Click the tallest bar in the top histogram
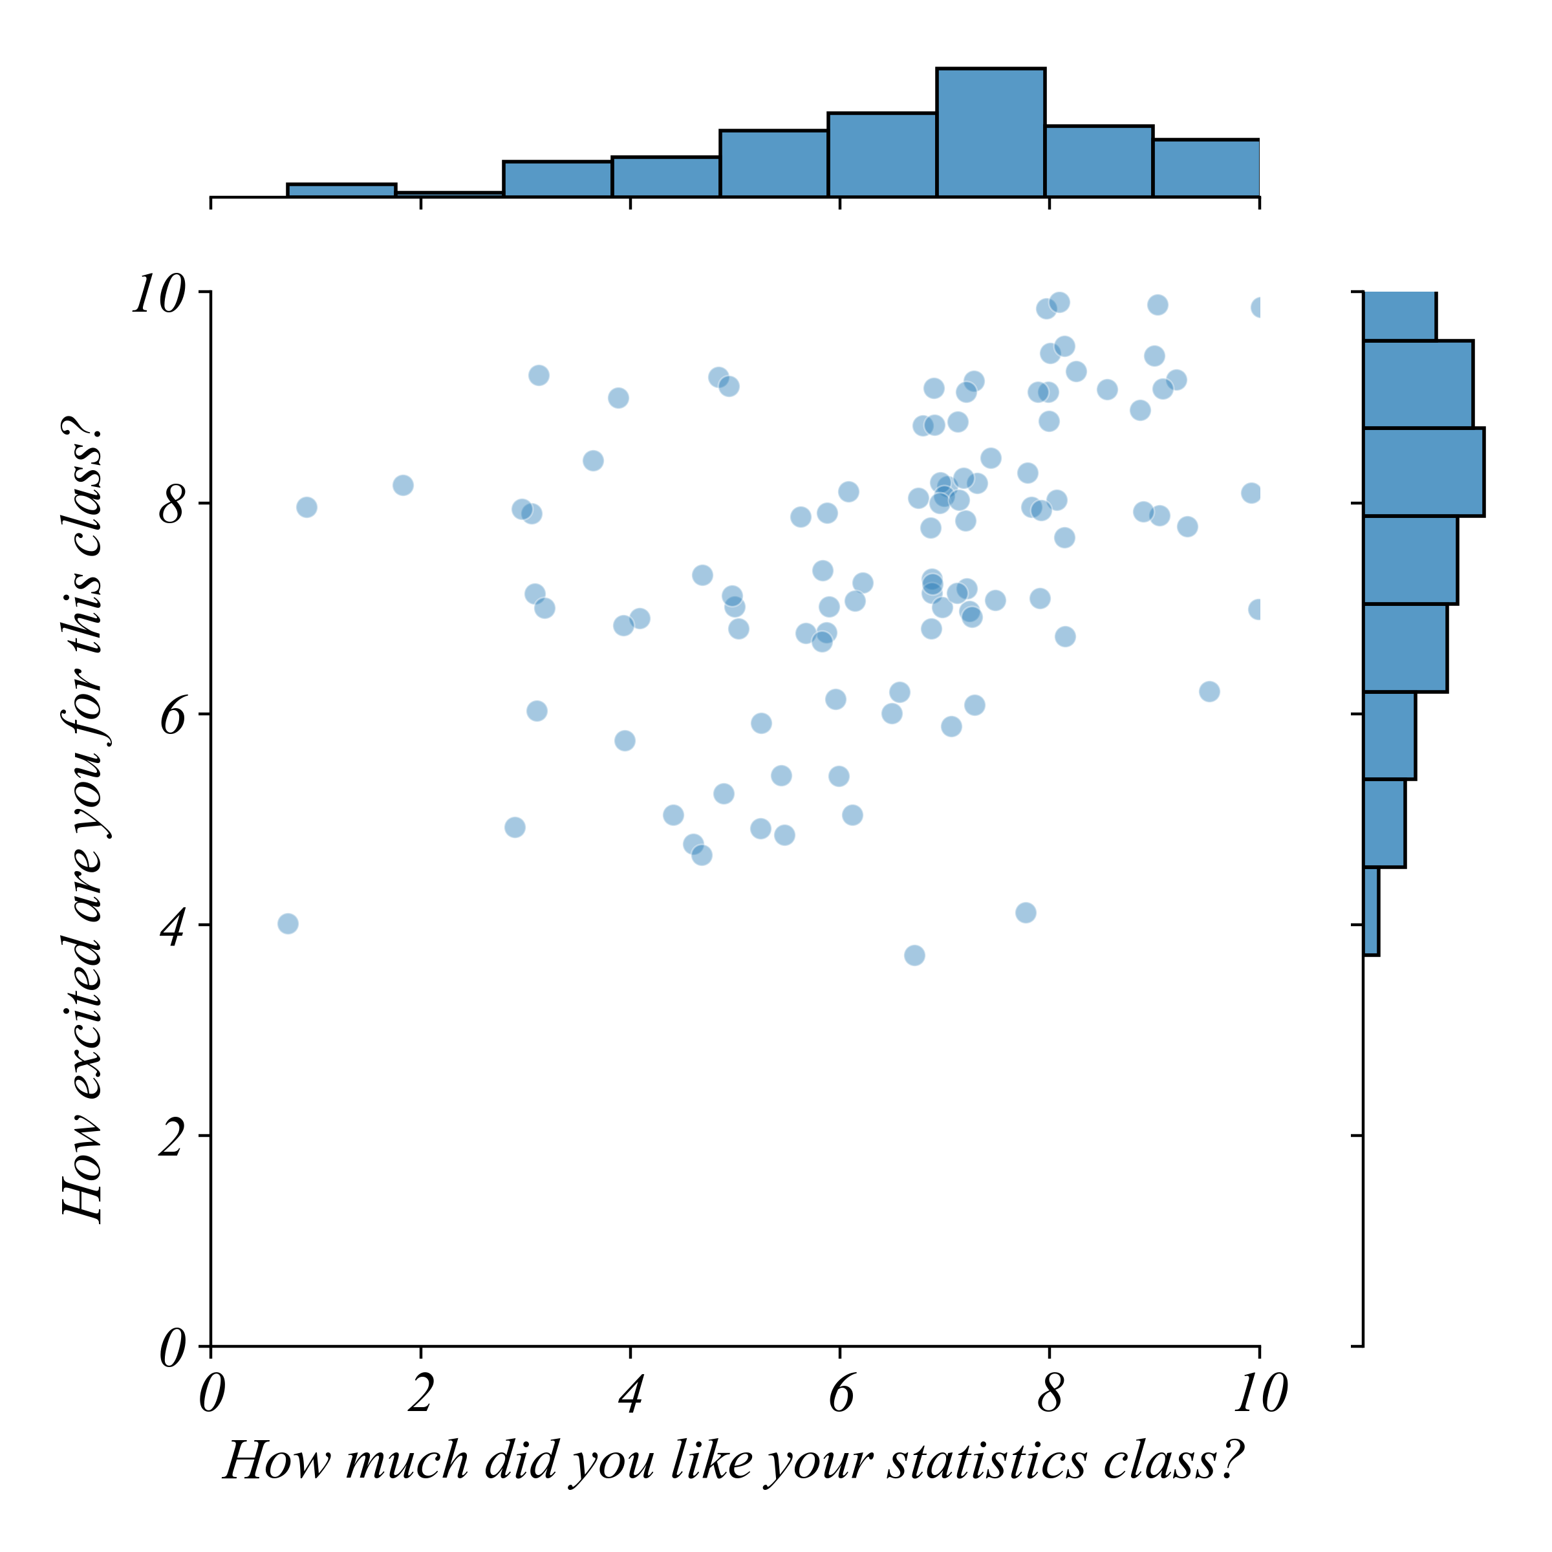[991, 133]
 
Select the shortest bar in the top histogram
[450, 195]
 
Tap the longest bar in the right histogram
[1423, 471]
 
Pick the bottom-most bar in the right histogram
[1371, 912]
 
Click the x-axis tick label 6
[840, 1396]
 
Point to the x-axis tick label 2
[421, 1396]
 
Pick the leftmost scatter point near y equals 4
[288, 924]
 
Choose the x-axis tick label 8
[1050, 1396]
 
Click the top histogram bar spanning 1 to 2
[341, 190]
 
